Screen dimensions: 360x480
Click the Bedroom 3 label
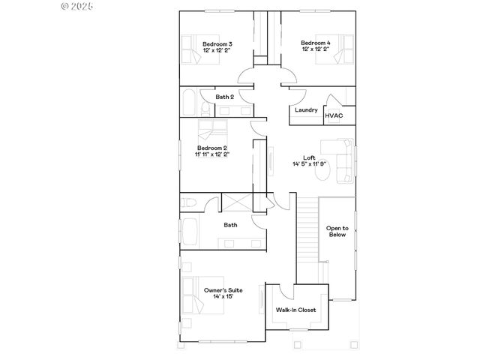coord(215,43)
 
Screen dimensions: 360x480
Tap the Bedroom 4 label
coord(315,43)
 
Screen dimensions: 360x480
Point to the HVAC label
coord(334,115)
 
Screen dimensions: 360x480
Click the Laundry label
coord(305,110)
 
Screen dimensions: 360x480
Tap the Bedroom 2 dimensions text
coord(212,154)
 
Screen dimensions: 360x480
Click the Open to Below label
coord(337,231)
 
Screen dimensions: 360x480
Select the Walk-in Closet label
coord(295,309)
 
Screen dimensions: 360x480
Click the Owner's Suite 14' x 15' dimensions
coord(221,296)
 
